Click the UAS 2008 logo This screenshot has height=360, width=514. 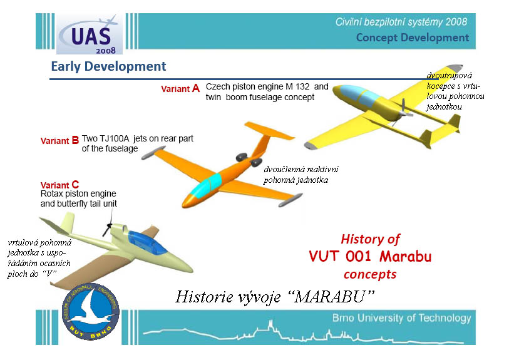(x=89, y=34)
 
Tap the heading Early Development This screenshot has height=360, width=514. (x=108, y=66)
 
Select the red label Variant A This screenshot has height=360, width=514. (x=180, y=88)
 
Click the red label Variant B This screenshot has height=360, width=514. (x=59, y=141)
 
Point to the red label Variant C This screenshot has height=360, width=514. (x=59, y=185)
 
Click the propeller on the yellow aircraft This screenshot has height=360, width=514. (x=401, y=113)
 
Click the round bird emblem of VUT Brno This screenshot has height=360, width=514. (x=91, y=311)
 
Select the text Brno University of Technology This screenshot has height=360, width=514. (x=401, y=317)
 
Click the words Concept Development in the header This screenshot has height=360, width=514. (x=413, y=38)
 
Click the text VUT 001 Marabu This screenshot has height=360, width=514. (x=370, y=256)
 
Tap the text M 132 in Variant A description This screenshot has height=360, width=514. (x=297, y=86)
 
